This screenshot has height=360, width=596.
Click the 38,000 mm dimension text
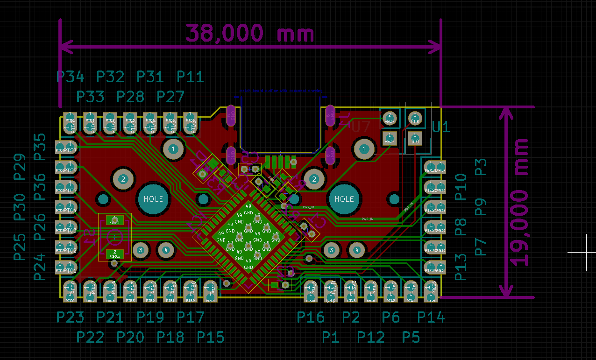click(250, 34)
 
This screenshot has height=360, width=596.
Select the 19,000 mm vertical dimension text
click(519, 202)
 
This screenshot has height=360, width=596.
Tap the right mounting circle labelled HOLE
click(344, 199)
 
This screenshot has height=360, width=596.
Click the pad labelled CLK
click(415, 117)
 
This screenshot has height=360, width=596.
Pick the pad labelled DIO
click(415, 138)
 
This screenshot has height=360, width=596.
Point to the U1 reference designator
click(440, 127)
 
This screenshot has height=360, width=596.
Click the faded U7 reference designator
click(361, 127)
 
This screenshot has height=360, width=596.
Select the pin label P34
click(70, 77)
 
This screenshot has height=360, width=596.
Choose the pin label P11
click(190, 77)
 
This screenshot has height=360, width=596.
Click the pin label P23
click(70, 318)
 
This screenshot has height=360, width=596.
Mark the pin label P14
click(431, 318)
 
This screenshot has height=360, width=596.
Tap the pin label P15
click(210, 337)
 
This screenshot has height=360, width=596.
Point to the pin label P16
click(311, 318)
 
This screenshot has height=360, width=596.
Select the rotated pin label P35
click(40, 146)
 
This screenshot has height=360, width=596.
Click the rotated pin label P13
click(461, 267)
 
